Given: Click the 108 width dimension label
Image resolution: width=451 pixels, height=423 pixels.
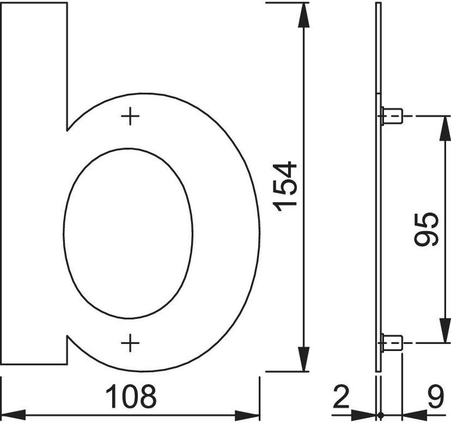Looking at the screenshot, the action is pyautogui.click(x=131, y=397).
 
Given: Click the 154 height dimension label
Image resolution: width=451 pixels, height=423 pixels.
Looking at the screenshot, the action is pyautogui.click(x=285, y=187).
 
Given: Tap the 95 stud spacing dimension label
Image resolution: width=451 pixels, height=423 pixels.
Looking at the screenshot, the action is pyautogui.click(x=427, y=229).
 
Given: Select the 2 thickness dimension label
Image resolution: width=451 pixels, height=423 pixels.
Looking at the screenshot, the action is pyautogui.click(x=341, y=397).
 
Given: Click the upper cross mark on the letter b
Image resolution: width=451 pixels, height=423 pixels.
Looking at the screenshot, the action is pyautogui.click(x=130, y=117).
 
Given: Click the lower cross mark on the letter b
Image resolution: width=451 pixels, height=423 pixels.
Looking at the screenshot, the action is pyautogui.click(x=130, y=343).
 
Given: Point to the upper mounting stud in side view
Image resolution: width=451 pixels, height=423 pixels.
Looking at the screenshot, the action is pyautogui.click(x=391, y=116).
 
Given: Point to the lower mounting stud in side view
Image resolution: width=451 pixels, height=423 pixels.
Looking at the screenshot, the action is pyautogui.click(x=391, y=343).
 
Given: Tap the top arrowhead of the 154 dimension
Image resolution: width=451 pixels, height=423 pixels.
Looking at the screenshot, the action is pyautogui.click(x=304, y=15).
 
